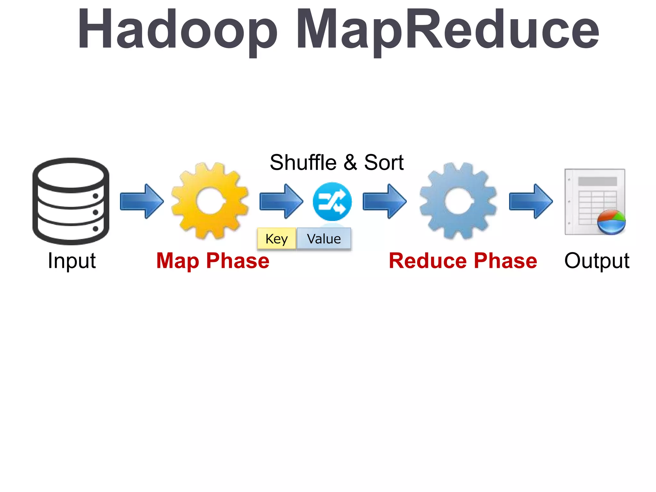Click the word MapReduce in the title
pyautogui.click(x=447, y=29)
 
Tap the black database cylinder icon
pyautogui.click(x=71, y=201)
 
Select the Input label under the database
pyautogui.click(x=71, y=261)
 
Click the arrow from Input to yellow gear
pyautogui.click(x=142, y=201)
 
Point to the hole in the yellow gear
pyautogui.click(x=210, y=201)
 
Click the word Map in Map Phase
pyautogui.click(x=177, y=261)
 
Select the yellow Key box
pyautogui.click(x=276, y=239)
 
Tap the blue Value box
pyautogui.click(x=324, y=239)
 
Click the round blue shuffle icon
pyautogui.click(x=332, y=201)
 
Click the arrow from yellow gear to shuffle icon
pyautogui.click(x=281, y=201)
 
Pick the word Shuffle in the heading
pyautogui.click(x=303, y=162)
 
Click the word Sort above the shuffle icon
pyautogui.click(x=384, y=162)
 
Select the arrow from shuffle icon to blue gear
pyautogui.click(x=384, y=201)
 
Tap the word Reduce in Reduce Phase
pyautogui.click(x=428, y=261)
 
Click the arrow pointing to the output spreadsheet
pyautogui.click(x=531, y=201)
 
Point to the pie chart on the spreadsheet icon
pyautogui.click(x=611, y=222)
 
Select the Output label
pyautogui.click(x=597, y=261)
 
